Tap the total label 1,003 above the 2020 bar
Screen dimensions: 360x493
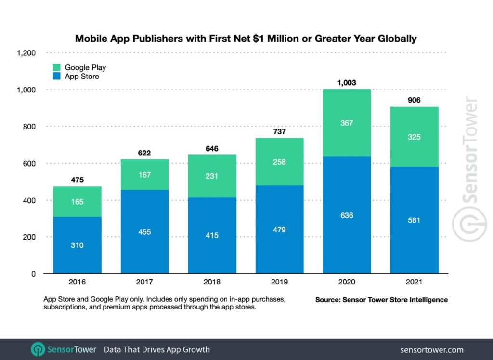coord(347,83)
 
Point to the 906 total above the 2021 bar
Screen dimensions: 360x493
coord(414,100)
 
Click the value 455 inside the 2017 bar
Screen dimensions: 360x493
coord(144,232)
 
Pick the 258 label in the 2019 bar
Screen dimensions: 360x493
coord(279,162)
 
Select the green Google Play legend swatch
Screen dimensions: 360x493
coord(57,67)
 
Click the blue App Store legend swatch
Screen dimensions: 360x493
coord(57,76)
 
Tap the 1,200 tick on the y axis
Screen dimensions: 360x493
coord(27,53)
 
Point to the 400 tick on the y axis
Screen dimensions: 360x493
coord(29,200)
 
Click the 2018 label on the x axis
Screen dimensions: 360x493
coord(212,283)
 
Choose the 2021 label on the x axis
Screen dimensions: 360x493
coord(414,283)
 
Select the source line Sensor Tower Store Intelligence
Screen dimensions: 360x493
coord(381,300)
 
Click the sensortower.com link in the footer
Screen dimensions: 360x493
coord(431,350)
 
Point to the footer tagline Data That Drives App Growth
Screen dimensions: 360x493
coord(157,350)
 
